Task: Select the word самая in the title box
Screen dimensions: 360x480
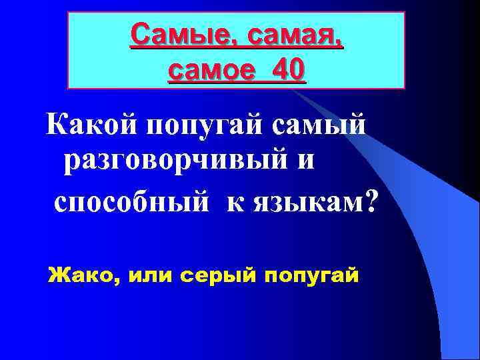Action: click(x=295, y=33)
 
